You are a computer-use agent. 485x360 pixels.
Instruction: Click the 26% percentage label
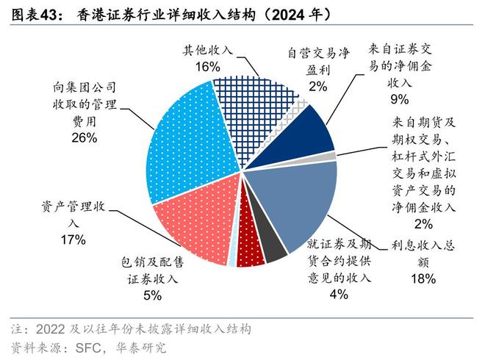coord(83,137)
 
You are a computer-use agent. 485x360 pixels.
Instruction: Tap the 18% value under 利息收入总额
coord(424,278)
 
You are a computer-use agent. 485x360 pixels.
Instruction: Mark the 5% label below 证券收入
coord(152,295)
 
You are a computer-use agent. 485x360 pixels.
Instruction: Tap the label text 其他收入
coord(207,50)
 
